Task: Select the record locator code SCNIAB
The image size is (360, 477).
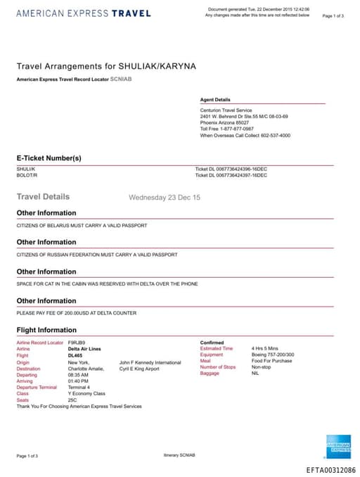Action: coord(121,79)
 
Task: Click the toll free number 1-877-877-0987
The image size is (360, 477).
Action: coord(237,129)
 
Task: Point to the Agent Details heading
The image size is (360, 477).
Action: coord(215,100)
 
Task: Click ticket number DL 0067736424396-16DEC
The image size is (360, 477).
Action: coord(231,169)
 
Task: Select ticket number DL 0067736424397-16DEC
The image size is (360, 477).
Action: coord(231,174)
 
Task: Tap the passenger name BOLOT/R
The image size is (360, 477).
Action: coord(25,174)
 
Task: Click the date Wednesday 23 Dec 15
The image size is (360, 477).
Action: coord(165,198)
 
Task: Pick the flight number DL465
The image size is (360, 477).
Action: coord(76,355)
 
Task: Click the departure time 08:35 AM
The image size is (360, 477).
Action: coord(78,375)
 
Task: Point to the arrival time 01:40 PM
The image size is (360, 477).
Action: coord(78,381)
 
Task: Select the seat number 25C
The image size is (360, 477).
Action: coord(72,400)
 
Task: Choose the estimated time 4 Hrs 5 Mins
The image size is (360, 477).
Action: coord(264,349)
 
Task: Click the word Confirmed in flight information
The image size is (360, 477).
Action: coord(212,343)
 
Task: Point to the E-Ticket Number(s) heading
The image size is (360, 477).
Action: coord(49,158)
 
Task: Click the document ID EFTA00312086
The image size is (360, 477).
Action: coord(330,469)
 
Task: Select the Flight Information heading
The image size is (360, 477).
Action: coord(46,330)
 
